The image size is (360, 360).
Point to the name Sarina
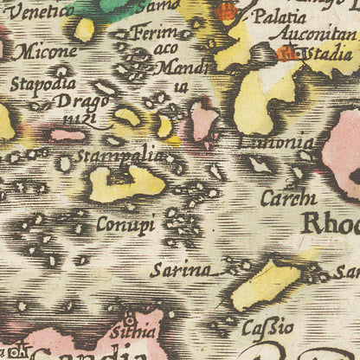click(180, 270)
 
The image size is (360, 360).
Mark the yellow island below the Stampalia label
click(125, 183)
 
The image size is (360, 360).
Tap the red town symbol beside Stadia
click(286, 53)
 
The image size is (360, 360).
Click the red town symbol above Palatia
click(226, 11)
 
